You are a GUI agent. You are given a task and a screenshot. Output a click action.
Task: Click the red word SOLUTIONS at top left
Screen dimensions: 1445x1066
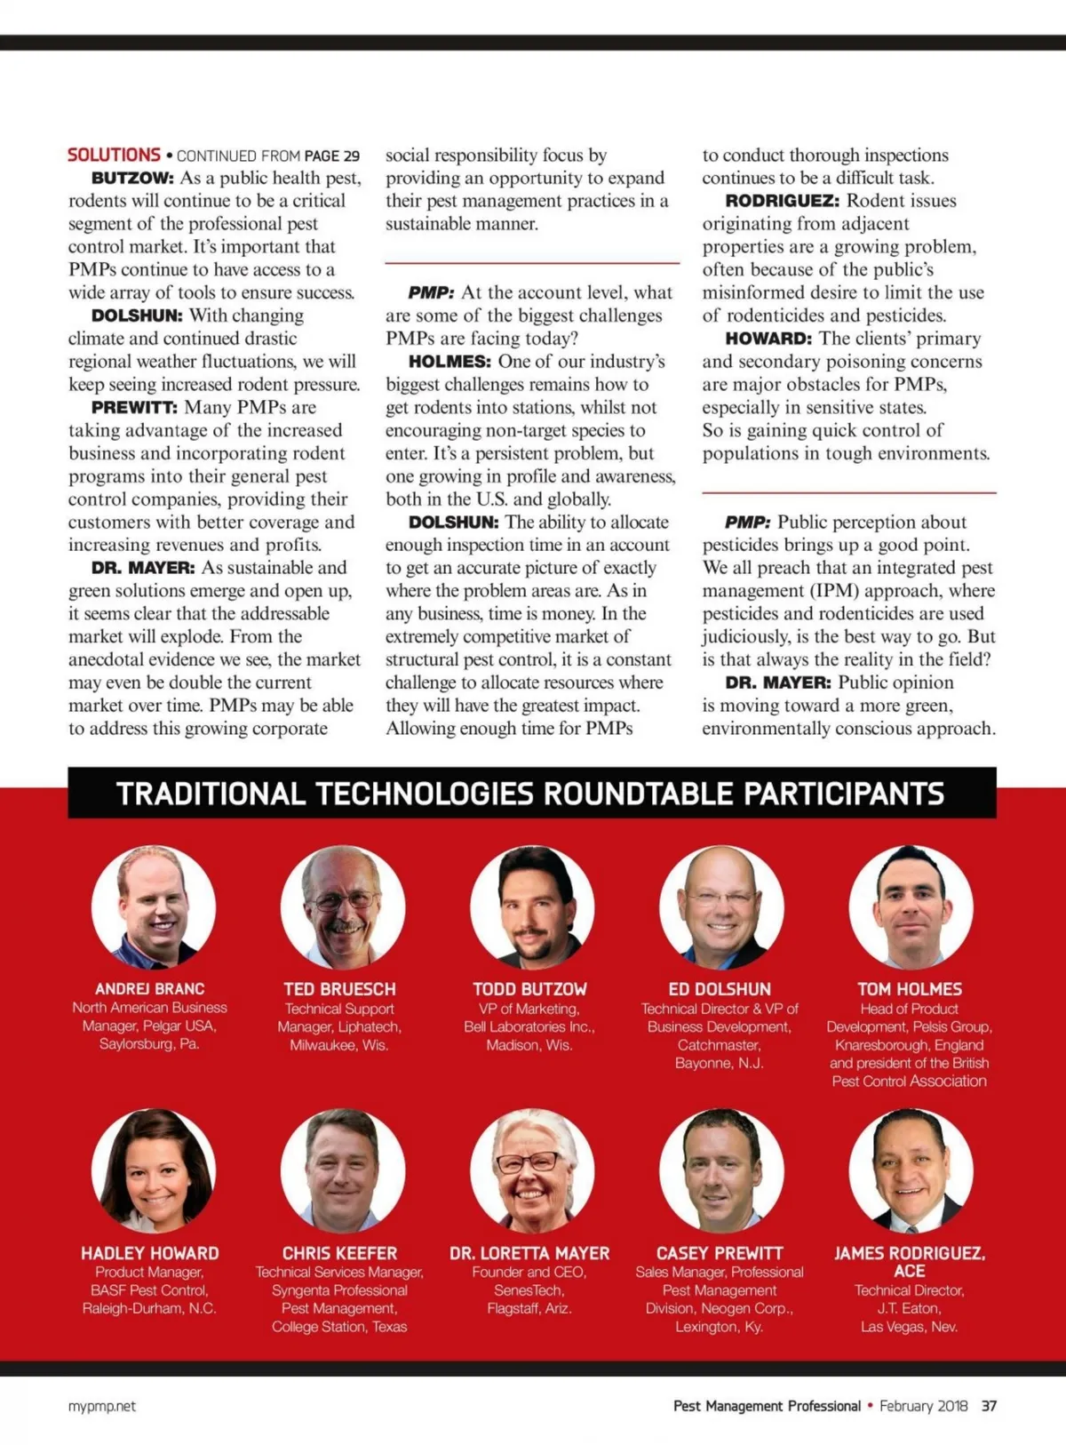[114, 155]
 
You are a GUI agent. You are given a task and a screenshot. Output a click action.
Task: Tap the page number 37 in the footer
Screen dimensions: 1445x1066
[989, 1406]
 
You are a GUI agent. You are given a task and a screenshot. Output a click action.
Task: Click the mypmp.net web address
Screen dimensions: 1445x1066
[102, 1406]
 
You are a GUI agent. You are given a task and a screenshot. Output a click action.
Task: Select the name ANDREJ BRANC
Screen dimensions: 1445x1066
[150, 988]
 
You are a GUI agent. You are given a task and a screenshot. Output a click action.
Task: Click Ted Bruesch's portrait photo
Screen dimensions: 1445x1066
[343, 906]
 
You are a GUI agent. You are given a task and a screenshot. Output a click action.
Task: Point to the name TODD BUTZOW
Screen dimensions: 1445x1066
[529, 988]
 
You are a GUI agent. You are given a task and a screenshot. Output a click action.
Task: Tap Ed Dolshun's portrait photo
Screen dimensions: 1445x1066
[721, 906]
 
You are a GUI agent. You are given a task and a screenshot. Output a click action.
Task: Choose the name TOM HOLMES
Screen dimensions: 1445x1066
[910, 988]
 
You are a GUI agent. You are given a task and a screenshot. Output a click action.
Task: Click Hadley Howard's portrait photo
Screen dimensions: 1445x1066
[154, 1170]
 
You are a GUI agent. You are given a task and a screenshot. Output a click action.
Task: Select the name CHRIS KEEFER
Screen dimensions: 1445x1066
[339, 1253]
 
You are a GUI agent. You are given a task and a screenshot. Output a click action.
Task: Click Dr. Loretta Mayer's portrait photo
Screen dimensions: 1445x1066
[532, 1170]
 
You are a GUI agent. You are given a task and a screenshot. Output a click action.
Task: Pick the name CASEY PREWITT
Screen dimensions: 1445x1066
[720, 1253]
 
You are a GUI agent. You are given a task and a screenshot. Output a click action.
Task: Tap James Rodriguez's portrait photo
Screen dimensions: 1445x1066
[911, 1170]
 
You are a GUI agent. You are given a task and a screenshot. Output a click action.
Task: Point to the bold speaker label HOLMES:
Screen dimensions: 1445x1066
[449, 362]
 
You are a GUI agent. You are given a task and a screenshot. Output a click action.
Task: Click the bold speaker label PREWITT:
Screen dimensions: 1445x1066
[134, 408]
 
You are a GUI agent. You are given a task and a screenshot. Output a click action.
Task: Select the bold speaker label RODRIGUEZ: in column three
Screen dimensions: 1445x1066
[782, 201]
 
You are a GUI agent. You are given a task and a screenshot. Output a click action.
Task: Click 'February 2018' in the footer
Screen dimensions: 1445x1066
[923, 1406]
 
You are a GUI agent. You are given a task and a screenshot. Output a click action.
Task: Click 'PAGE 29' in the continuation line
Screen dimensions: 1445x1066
[331, 156]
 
